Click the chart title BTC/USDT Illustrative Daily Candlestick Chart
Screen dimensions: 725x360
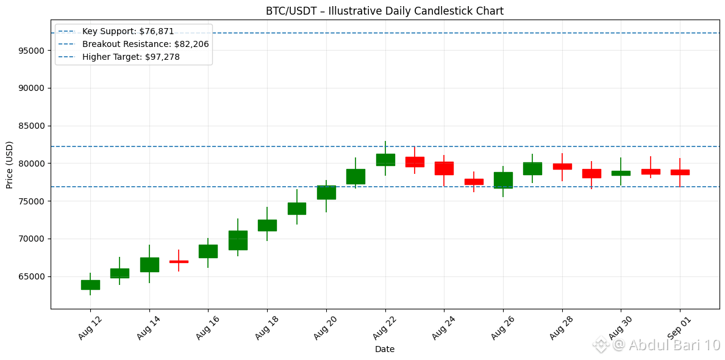(x=385, y=10)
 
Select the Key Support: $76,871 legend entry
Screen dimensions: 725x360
(x=128, y=32)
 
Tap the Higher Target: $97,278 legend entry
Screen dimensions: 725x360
(x=131, y=57)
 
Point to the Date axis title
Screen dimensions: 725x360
(x=385, y=349)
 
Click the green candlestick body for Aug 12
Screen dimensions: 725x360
(x=90, y=284)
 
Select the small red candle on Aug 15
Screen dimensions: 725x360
(x=179, y=261)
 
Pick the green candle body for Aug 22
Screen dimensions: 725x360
(x=385, y=160)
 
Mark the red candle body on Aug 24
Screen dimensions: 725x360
(x=444, y=168)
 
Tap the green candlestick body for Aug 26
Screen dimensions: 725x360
(x=503, y=180)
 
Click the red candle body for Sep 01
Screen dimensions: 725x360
(x=680, y=172)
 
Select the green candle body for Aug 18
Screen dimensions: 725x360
(x=267, y=225)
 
